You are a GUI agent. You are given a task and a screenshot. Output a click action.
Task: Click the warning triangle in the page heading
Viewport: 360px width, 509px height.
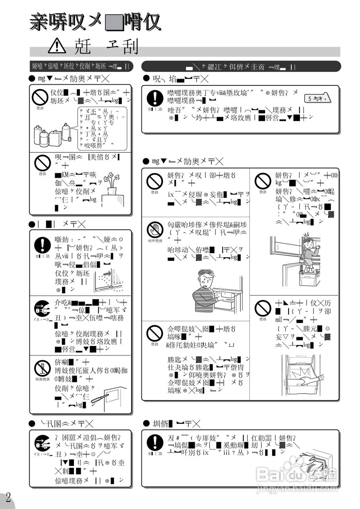pos(57,47)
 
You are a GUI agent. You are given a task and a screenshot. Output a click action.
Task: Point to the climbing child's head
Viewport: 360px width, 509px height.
pos(307,242)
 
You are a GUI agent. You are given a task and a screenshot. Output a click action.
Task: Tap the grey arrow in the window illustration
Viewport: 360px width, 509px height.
pos(108,274)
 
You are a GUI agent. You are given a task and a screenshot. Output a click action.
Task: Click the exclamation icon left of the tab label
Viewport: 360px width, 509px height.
pos(154,97)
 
